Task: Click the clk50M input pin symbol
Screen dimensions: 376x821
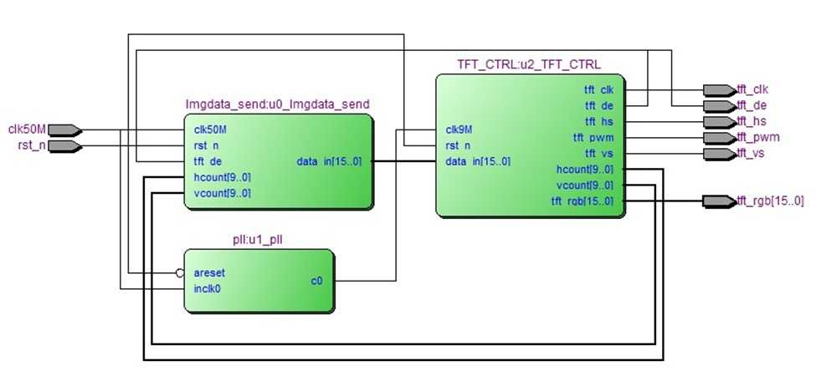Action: click(64, 130)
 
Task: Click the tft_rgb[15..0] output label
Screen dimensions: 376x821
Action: click(770, 201)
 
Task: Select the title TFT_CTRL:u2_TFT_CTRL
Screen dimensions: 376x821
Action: click(528, 64)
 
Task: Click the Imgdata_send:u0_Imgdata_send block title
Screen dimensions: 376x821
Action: click(277, 104)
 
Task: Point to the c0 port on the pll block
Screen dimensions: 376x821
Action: click(316, 281)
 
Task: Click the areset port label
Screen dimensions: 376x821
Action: click(209, 272)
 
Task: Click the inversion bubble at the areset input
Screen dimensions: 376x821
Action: click(179, 272)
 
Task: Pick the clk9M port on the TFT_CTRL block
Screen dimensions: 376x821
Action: click(459, 130)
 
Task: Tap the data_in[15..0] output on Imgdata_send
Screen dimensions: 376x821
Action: click(330, 160)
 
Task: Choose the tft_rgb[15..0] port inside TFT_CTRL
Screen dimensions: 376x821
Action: click(582, 201)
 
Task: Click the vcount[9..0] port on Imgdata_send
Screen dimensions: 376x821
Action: click(222, 193)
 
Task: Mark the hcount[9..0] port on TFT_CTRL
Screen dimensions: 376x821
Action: click(584, 170)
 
